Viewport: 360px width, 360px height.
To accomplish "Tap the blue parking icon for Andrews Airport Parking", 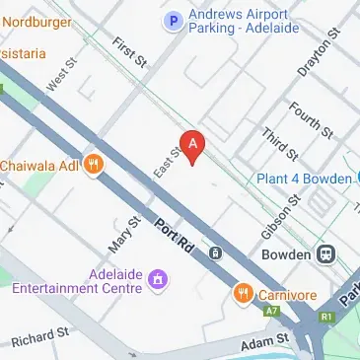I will click(175, 20).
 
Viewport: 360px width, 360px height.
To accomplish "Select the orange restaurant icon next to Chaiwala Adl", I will click(95, 165).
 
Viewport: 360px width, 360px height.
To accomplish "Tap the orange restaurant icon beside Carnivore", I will click(243, 293).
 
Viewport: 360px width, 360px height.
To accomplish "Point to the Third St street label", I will click(278, 142).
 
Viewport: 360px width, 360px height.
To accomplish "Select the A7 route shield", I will click(272, 310).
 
